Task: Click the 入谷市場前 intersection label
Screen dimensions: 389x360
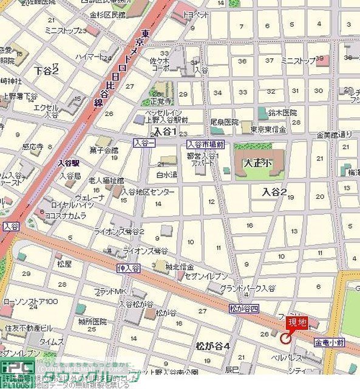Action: [206, 144]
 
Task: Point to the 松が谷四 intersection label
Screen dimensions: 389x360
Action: [243, 308]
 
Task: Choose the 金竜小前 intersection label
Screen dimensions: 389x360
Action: [330, 343]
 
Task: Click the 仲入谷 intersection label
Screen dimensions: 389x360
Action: [129, 267]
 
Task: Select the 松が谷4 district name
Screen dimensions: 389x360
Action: [212, 346]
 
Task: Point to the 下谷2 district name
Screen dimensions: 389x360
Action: [47, 71]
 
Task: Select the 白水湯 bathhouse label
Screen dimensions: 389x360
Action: [166, 175]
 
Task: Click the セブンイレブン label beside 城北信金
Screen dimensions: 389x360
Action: [207, 277]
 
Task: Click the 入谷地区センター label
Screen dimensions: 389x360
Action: [149, 192]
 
